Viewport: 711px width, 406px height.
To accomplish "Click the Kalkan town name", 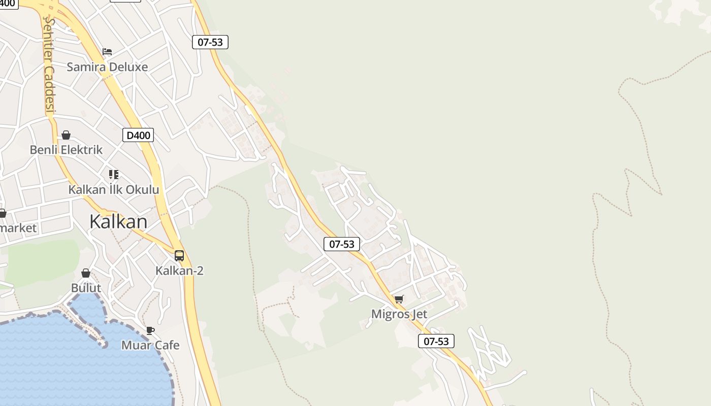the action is tap(118, 222).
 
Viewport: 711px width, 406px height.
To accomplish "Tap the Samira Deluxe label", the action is tap(107, 67).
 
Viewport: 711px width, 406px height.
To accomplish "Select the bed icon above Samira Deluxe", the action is tap(107, 52).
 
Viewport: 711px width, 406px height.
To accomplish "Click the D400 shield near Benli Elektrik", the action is tap(138, 135).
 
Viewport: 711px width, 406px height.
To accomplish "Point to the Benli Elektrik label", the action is tap(66, 150).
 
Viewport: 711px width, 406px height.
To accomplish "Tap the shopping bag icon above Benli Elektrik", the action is tap(66, 135).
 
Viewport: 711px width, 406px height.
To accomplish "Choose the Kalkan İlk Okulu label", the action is tap(114, 190).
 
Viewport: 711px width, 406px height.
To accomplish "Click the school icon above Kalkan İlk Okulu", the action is tap(114, 175).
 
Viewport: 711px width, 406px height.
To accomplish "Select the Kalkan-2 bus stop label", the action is tap(179, 270).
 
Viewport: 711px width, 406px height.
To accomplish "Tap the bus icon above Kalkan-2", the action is tap(179, 256).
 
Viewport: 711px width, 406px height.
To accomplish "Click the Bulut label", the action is tap(86, 288).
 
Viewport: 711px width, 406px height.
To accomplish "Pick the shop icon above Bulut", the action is tap(86, 273).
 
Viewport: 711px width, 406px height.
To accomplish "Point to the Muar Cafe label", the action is tap(150, 345).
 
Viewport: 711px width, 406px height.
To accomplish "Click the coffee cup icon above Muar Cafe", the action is tap(150, 330).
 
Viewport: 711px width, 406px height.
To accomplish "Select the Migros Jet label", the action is tap(399, 314).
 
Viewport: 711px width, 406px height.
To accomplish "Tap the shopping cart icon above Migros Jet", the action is tap(399, 299).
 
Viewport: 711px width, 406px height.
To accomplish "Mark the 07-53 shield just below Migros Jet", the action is tap(436, 341).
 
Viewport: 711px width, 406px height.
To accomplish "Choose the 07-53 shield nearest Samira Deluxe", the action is tap(210, 42).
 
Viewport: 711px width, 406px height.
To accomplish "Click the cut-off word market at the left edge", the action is tap(18, 228).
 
